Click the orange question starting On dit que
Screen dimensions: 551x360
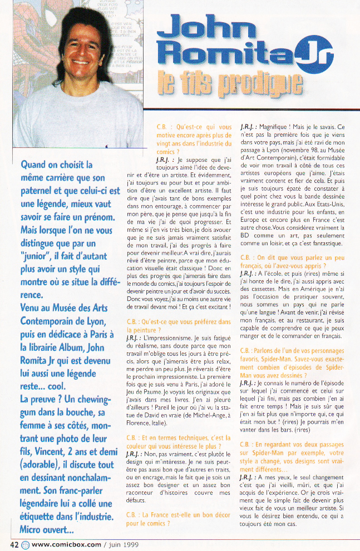click(292, 261)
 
